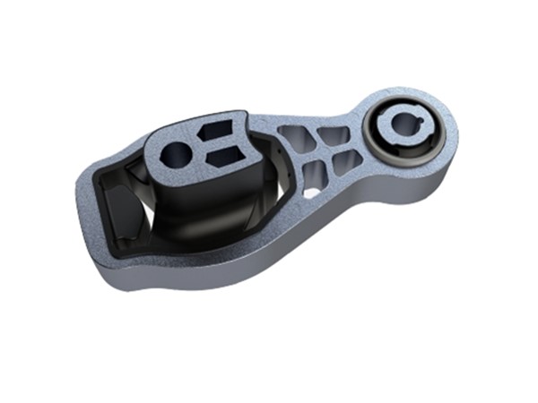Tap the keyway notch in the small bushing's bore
(x=412, y=115)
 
